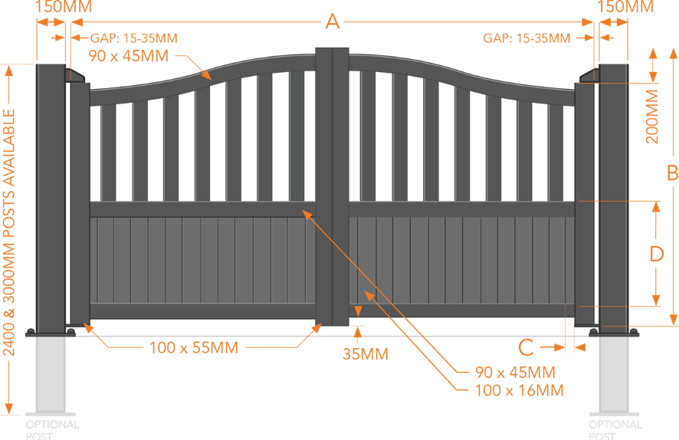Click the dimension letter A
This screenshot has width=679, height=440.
[332, 21]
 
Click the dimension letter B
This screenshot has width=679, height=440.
[671, 173]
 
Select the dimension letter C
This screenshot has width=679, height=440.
[526, 347]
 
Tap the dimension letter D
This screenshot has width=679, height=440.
[656, 254]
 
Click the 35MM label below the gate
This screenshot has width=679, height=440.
[365, 354]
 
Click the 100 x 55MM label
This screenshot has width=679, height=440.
[193, 348]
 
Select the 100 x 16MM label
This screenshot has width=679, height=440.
[520, 391]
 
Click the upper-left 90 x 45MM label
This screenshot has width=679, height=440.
[130, 55]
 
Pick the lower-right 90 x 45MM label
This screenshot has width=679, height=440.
[514, 373]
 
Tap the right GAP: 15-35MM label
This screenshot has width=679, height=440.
[526, 38]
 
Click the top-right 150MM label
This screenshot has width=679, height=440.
[625, 7]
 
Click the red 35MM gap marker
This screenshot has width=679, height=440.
[357, 327]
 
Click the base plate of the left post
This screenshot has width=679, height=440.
[51, 333]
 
